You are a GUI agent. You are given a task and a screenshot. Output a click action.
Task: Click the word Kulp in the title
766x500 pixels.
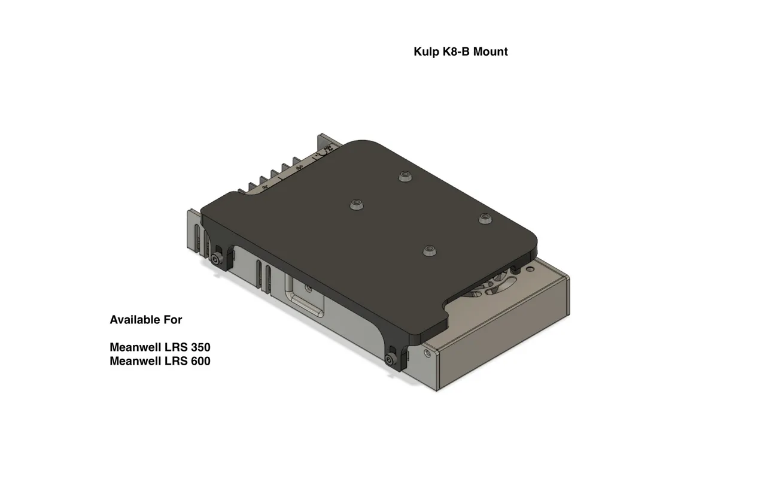click(426, 51)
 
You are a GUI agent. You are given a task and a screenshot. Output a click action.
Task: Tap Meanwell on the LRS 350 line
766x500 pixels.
click(135, 347)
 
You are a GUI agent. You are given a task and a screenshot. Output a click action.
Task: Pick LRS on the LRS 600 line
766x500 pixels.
click(175, 361)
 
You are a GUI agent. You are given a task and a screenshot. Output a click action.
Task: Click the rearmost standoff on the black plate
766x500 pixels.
click(406, 175)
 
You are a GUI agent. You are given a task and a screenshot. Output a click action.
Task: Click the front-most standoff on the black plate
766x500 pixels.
click(428, 250)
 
